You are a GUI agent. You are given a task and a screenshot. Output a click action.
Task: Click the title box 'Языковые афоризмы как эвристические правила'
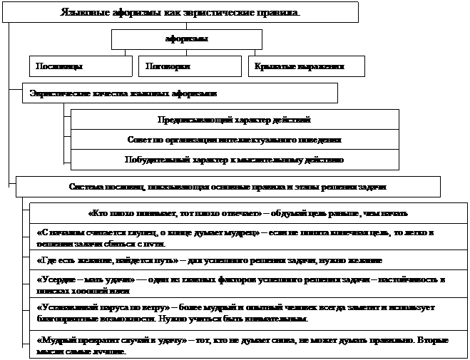point(179,12)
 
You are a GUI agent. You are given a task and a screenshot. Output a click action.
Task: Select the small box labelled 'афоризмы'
point(186,39)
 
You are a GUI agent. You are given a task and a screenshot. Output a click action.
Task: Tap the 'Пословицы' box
point(81,66)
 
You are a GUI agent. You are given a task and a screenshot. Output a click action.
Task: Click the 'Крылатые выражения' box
point(307,66)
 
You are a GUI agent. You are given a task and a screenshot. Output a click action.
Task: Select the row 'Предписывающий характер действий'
point(235,119)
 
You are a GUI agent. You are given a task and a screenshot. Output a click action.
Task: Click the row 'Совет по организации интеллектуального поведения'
point(235,140)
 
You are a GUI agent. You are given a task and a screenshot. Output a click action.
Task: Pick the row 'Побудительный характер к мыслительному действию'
point(235,160)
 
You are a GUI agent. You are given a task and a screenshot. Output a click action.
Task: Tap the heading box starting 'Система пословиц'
point(228,187)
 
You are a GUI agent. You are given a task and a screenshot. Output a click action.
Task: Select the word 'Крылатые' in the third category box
point(275,66)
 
